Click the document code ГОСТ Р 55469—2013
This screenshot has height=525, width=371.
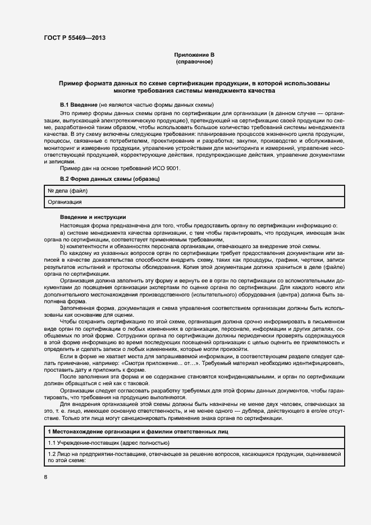pos(74,38)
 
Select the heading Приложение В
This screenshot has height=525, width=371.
pos(194,54)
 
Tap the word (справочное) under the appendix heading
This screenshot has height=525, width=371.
pos(194,61)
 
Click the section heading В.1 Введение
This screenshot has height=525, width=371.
pos(79,105)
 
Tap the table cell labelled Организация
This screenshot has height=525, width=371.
pos(65,202)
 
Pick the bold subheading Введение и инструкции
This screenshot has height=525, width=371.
pos(93,217)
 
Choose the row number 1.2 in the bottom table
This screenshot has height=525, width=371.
pos(52,454)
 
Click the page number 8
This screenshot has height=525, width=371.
pos(46,477)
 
